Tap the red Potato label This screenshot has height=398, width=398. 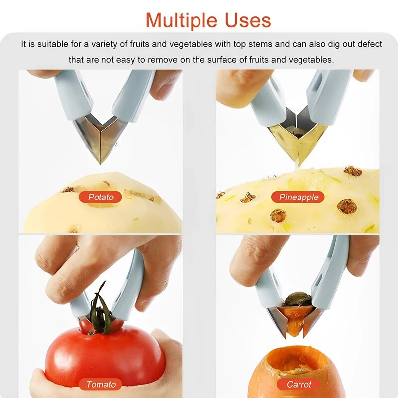tap(100, 197)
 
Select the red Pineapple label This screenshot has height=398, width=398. tap(298, 197)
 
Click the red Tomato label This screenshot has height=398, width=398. tap(100, 384)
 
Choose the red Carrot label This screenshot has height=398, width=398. tap(298, 384)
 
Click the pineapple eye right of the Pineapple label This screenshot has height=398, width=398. tap(347, 206)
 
